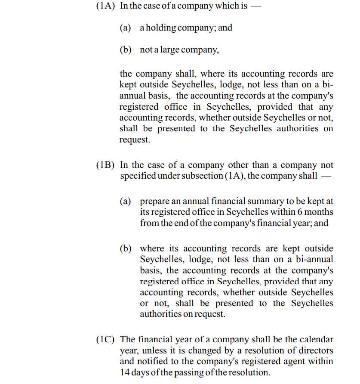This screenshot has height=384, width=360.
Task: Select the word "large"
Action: click(x=170, y=50)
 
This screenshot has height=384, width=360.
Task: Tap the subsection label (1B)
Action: click(x=106, y=165)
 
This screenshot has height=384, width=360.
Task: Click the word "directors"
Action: click(x=314, y=351)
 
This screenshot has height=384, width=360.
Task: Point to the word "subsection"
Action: click(x=201, y=176)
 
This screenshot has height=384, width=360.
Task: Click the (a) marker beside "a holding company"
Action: click(x=125, y=28)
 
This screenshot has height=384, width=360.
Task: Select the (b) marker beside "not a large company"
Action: click(x=125, y=50)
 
